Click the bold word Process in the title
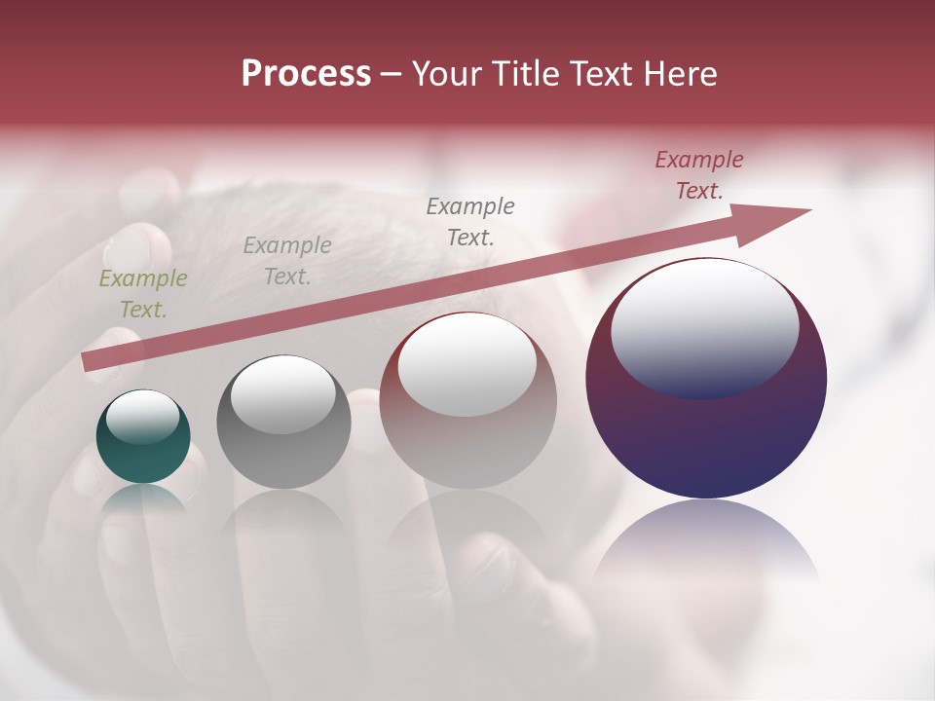coord(306,74)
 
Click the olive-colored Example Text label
coord(143,294)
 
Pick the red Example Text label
coord(699,175)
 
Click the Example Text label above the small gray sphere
coord(287,261)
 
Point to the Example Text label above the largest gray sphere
coord(470,221)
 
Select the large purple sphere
coord(706,438)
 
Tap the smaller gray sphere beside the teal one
coord(283,448)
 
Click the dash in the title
coord(391,75)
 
